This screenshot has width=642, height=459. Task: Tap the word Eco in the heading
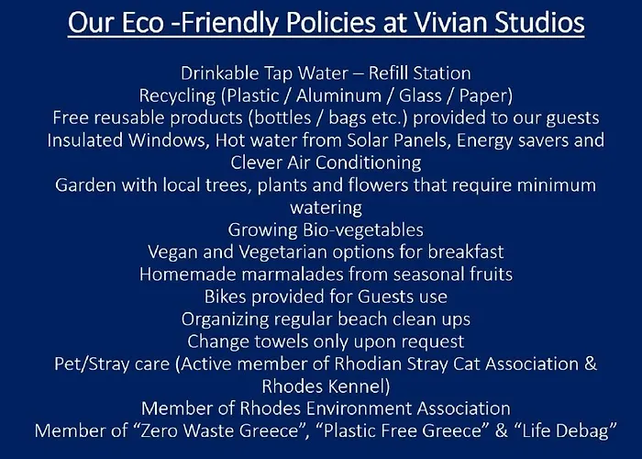(x=142, y=22)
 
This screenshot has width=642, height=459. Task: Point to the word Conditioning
(x=369, y=162)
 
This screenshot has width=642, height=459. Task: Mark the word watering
(x=326, y=207)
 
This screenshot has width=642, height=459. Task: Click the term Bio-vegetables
(x=363, y=230)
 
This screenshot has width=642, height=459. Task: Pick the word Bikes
(x=226, y=297)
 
